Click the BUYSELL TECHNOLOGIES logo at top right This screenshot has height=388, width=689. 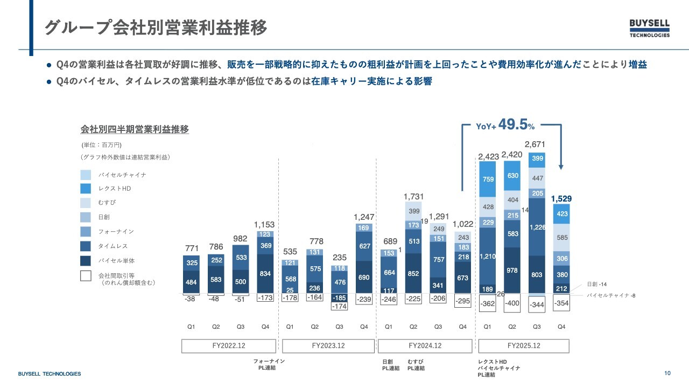[x=650, y=28]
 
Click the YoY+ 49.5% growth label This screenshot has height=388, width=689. [x=505, y=126]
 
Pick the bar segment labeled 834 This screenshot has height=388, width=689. [x=265, y=273]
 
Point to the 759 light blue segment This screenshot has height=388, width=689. [x=489, y=179]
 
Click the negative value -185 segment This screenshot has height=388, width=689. [x=339, y=297]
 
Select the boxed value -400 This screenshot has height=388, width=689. [x=512, y=303]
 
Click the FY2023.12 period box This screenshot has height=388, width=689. [x=328, y=345]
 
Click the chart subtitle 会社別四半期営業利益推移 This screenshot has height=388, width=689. [x=135, y=130]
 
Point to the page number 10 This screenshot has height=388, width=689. [x=667, y=373]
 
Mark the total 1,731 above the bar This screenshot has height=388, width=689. [x=414, y=197]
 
